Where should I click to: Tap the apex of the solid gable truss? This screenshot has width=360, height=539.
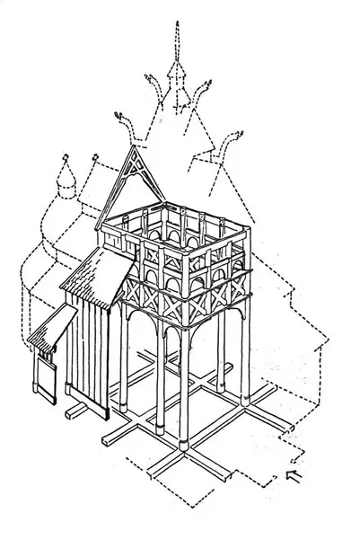(135, 149)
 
